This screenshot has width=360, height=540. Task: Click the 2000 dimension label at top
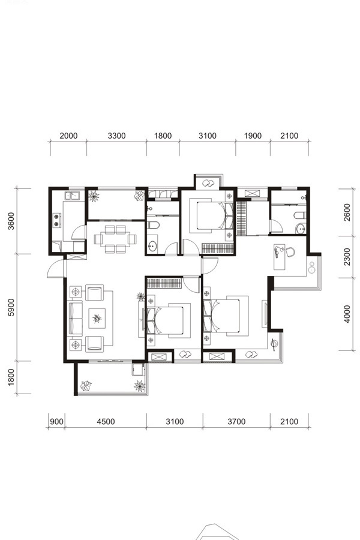tap(68, 136)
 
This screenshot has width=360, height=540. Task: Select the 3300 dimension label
tap(116, 136)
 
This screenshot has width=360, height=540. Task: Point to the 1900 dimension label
tap(253, 136)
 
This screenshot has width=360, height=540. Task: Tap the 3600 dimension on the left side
tap(11, 221)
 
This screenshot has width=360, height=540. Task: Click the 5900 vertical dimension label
tap(11, 307)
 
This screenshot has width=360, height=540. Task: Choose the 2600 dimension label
tap(347, 212)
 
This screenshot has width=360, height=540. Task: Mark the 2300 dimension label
tap(347, 257)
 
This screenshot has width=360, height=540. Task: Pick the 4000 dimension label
tap(347, 314)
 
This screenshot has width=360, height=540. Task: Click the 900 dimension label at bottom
tap(56, 422)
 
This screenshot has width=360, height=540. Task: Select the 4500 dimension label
tap(106, 422)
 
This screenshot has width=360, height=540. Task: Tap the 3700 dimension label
tap(236, 422)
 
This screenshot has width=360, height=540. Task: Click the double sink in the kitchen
tap(73, 196)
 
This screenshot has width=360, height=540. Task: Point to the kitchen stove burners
tap(56, 220)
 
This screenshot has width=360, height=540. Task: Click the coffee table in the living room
tap(97, 319)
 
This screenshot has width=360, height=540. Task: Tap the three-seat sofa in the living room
tap(76, 318)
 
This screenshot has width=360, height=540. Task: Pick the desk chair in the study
tap(290, 252)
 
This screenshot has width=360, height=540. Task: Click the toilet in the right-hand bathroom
tap(300, 215)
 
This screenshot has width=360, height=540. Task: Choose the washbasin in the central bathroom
tap(152, 245)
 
